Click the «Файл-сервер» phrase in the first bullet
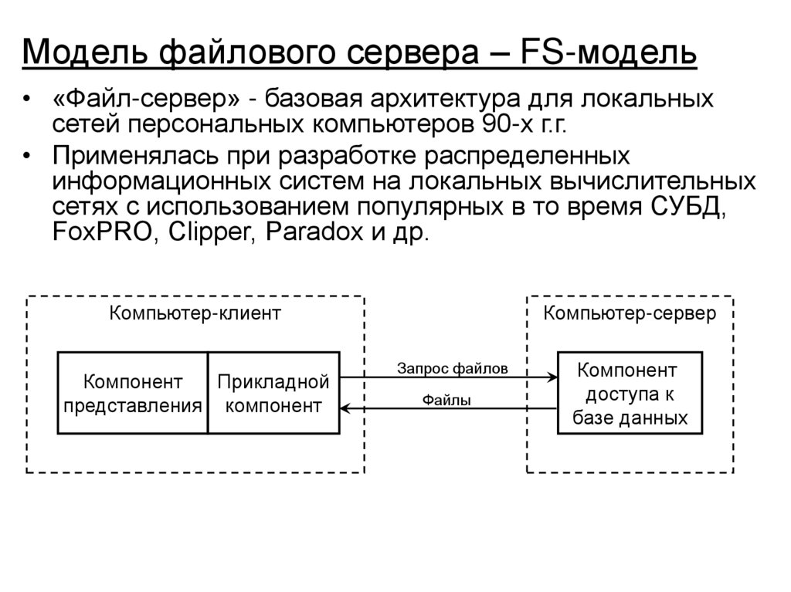tap(147, 100)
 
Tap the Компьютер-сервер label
tap(630, 313)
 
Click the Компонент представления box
tap(133, 393)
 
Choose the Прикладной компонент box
tap(273, 393)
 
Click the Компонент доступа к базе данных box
tap(630, 393)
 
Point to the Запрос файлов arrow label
tap(453, 368)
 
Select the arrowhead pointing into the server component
tap(552, 377)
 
